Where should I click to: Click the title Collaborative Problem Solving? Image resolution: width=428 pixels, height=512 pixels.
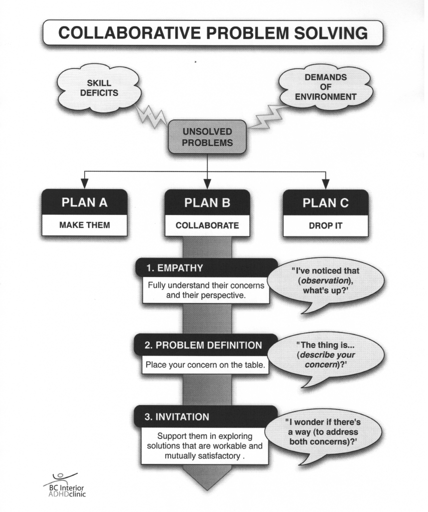[x=213, y=33]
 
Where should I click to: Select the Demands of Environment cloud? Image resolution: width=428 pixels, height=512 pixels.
[x=325, y=87]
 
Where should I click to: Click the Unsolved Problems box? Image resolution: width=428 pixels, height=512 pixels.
[x=207, y=137]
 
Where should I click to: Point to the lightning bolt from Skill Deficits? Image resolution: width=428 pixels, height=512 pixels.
[x=152, y=115]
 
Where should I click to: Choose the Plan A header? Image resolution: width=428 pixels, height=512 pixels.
[x=85, y=203]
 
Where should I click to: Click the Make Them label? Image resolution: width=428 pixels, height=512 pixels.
[x=85, y=225]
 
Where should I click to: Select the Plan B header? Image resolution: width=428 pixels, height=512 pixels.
[x=207, y=203]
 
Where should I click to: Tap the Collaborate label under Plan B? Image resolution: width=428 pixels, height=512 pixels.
[x=207, y=225]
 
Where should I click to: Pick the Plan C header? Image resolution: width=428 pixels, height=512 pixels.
[x=325, y=203]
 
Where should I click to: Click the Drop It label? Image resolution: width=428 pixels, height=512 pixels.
[x=325, y=225]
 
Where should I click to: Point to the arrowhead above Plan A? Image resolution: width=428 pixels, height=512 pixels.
[x=85, y=182]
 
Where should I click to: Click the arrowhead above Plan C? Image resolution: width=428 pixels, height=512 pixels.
[x=325, y=182]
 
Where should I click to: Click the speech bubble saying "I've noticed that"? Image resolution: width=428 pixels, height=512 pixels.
[x=326, y=282]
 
